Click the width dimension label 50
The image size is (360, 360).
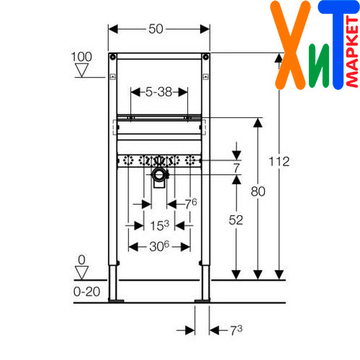click(x=156, y=29)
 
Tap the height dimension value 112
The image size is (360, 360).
click(x=279, y=161)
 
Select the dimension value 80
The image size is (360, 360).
click(x=258, y=192)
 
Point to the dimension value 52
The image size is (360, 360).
click(x=236, y=220)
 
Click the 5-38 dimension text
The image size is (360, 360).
click(x=159, y=92)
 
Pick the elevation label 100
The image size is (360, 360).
click(x=81, y=57)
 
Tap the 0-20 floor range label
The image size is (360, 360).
click(x=86, y=292)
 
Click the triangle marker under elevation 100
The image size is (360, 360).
click(x=82, y=71)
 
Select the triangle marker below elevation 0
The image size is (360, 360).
click(x=82, y=273)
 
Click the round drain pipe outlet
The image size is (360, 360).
click(x=158, y=174)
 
